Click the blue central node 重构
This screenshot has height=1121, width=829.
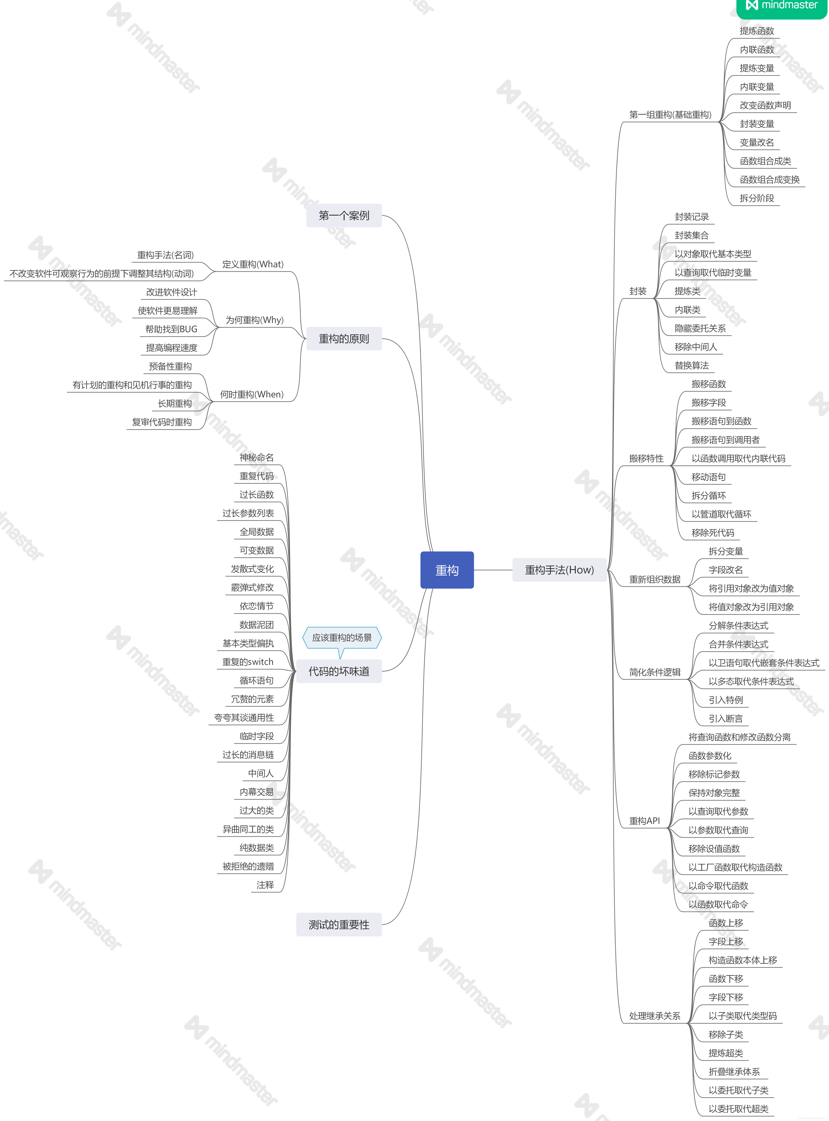coord(447,570)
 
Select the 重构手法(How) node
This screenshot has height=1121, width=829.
coord(559,570)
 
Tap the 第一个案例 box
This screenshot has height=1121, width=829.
coord(344,216)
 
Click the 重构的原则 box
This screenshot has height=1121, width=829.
coord(344,339)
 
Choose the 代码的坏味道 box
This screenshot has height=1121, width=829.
coord(339,671)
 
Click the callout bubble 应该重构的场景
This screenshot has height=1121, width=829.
coord(342,638)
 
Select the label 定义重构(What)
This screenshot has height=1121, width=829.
coord(252,264)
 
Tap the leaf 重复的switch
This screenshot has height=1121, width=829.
coord(248,662)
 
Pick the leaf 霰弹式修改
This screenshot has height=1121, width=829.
coord(252,588)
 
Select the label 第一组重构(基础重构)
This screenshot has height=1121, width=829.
coord(670,115)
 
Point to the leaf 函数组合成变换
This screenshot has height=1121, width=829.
coord(769,180)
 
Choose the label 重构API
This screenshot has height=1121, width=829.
coord(644,821)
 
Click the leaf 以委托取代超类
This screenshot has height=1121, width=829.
coord(738,1108)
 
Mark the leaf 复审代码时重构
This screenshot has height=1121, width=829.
coord(162,422)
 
